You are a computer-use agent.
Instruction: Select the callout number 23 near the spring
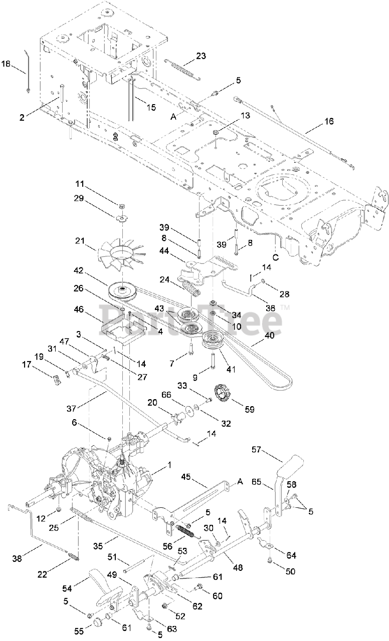point(201,57)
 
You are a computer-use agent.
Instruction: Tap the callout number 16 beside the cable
point(329,121)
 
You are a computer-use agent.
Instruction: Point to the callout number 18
point(6,64)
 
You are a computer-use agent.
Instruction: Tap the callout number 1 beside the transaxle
point(169,465)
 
